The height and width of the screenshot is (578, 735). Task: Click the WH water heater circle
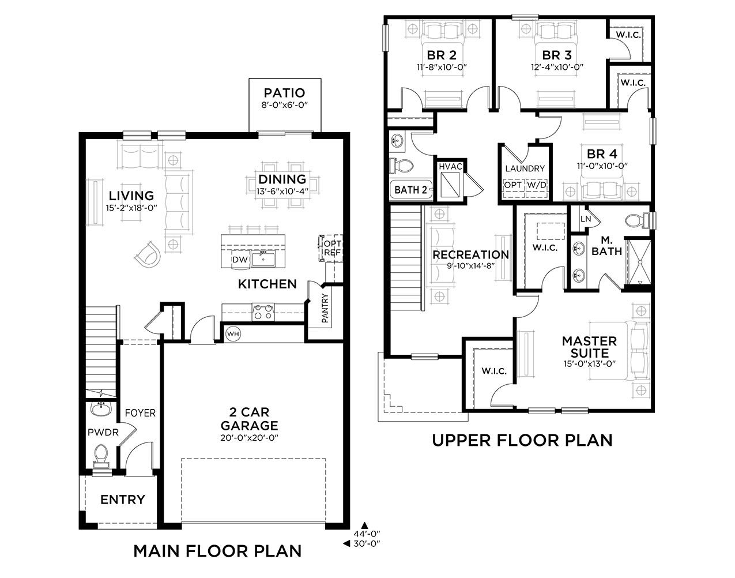[233, 334]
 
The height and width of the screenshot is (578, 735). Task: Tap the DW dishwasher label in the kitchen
[240, 260]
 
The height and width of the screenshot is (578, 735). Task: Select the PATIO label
[284, 93]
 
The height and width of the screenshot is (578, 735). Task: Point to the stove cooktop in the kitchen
[263, 312]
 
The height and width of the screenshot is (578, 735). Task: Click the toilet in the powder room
[101, 455]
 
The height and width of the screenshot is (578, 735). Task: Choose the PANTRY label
[325, 308]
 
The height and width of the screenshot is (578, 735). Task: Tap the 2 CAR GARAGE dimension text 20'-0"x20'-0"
[249, 438]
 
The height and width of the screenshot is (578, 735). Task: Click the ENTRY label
[123, 500]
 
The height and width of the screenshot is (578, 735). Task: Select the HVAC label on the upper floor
[451, 167]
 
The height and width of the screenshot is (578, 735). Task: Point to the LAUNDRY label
[525, 168]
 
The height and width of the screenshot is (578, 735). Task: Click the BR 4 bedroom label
[602, 154]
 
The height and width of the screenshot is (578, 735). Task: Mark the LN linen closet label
[586, 219]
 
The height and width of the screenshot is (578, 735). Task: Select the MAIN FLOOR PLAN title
[217, 551]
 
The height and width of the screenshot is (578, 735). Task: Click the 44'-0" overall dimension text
[367, 534]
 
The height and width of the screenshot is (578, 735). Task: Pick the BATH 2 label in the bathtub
[410, 190]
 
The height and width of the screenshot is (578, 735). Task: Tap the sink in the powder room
[100, 409]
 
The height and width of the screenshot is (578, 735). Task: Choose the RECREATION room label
[471, 255]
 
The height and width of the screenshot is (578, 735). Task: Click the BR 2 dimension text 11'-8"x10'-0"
[442, 67]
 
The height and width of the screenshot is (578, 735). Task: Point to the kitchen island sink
[263, 258]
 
